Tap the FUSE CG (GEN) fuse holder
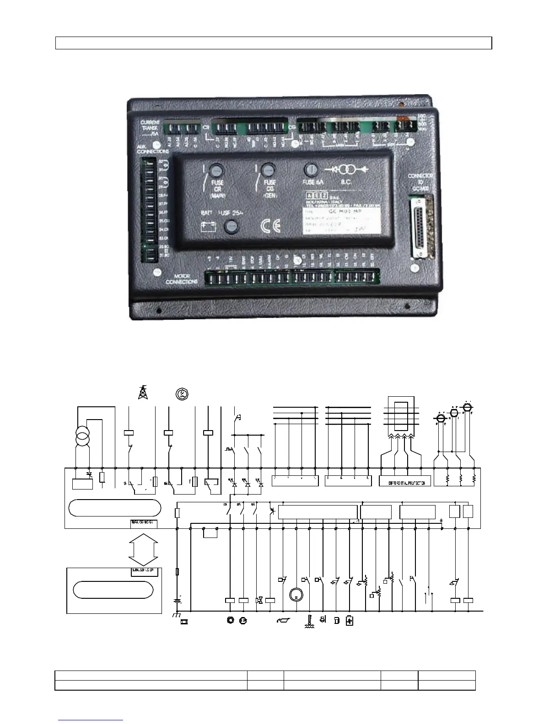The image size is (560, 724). click(267, 170)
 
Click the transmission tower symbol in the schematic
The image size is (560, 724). click(143, 392)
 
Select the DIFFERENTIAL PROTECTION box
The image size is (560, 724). click(405, 483)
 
